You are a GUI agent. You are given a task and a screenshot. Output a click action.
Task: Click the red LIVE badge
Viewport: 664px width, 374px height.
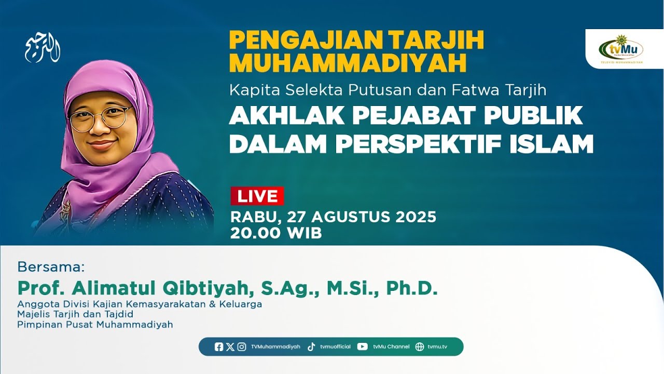257,196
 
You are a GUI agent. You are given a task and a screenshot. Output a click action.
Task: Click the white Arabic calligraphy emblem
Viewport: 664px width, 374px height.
43,49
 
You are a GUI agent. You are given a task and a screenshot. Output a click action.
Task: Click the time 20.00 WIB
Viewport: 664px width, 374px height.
276,233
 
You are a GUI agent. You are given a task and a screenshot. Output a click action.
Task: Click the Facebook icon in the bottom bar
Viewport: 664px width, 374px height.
219,347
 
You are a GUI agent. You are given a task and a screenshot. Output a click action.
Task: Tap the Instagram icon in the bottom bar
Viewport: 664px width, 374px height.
242,347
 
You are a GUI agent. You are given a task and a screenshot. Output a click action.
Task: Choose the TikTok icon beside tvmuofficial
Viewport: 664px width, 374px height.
311,347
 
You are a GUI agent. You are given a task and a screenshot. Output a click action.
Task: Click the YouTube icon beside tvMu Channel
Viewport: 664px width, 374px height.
363,347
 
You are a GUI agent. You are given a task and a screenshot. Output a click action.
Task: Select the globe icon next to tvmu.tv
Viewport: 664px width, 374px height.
420,347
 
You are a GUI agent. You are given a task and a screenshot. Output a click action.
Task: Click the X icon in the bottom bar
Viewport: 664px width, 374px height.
230,347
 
